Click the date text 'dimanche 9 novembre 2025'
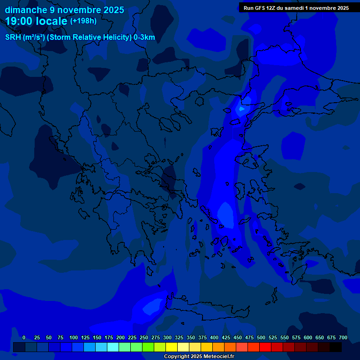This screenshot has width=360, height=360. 64,10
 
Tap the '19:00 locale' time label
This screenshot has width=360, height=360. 37,21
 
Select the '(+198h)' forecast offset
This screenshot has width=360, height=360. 83,21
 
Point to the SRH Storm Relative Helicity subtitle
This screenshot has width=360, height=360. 80,37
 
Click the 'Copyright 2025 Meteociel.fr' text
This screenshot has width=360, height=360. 199,356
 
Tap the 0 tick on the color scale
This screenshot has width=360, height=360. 24,337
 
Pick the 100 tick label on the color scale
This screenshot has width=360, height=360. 74,337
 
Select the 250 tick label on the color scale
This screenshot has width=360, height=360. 144,337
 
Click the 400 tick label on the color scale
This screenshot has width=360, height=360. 214,337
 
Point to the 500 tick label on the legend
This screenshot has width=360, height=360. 261,337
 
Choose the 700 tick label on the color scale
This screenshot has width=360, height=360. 343,337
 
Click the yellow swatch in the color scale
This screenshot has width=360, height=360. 172,347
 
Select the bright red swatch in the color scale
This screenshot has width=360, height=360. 265,347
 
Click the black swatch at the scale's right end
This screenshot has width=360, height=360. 336,347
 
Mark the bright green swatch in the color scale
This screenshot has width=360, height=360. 148,347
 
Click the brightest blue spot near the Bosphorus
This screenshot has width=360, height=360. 241,109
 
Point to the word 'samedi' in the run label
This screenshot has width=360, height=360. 294,8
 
